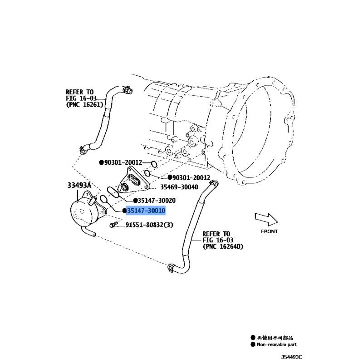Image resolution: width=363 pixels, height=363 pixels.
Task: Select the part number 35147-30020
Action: [157, 200]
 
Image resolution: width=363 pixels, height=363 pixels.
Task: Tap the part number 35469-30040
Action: [179, 187]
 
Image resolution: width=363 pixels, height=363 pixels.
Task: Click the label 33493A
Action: [79, 185]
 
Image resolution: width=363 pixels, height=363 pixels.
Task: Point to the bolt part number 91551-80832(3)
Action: [149, 225]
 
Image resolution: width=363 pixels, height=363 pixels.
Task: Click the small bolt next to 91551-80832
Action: [113, 224]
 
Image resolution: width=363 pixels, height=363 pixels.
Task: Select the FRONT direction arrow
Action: [266, 219]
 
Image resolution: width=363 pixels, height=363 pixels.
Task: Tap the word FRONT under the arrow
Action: [269, 231]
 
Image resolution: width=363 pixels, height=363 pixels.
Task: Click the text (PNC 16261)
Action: [84, 105]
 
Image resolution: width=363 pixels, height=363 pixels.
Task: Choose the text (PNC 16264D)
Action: [223, 246]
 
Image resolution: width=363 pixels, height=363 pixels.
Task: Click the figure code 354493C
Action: [292, 357]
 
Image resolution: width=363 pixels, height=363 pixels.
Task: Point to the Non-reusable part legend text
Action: [277, 344]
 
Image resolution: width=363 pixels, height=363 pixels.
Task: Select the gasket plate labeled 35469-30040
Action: [133, 181]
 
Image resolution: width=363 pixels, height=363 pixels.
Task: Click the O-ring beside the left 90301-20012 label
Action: [154, 164]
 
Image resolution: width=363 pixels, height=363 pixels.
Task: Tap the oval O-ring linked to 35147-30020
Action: [113, 192]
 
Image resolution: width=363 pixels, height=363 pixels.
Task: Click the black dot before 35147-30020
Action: [135, 201]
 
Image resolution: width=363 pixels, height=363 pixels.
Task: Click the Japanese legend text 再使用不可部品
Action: [275, 338]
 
